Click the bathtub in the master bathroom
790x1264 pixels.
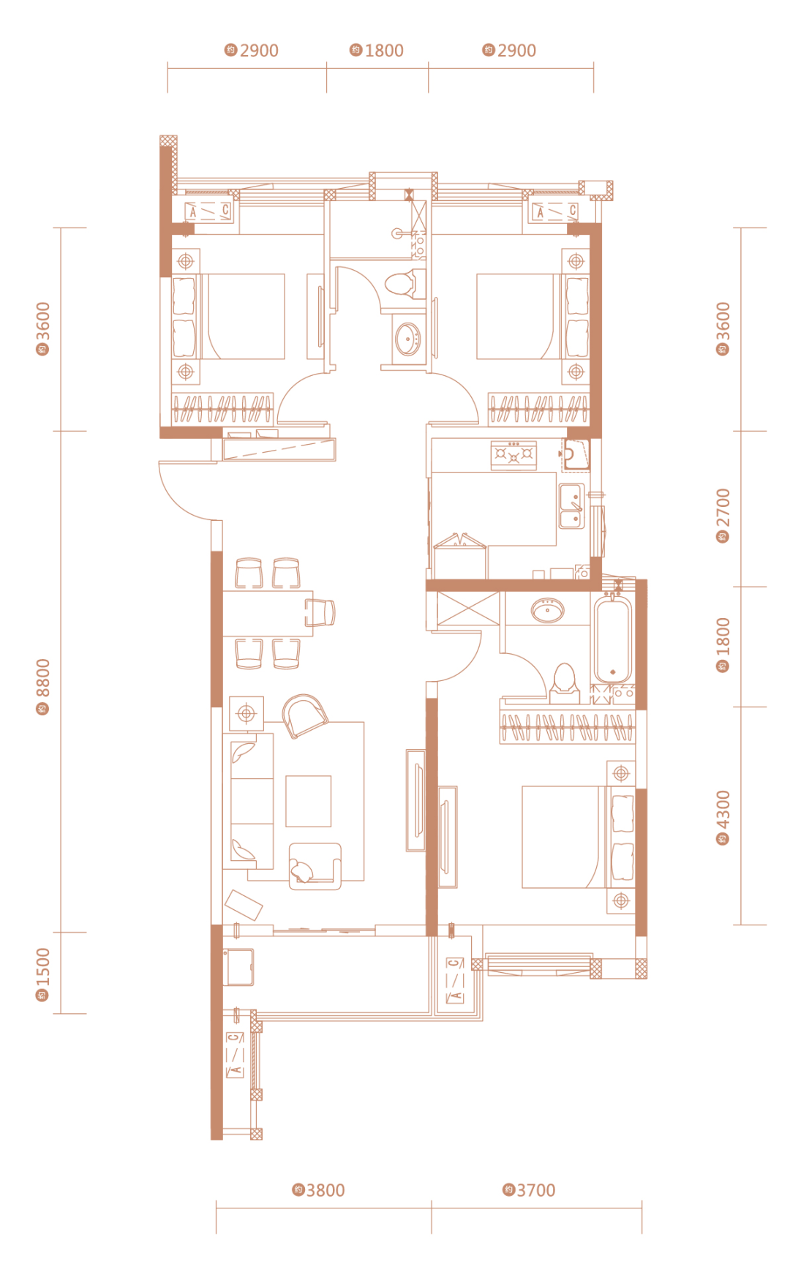613,639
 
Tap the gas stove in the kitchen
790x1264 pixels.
513,454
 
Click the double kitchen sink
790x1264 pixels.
572,506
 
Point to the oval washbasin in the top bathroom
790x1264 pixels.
407,339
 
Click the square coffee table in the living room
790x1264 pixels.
308,801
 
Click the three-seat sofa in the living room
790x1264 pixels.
252,801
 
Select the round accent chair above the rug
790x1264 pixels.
304,715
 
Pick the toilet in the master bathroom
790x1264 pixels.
563,679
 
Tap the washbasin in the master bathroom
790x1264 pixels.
547,609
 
